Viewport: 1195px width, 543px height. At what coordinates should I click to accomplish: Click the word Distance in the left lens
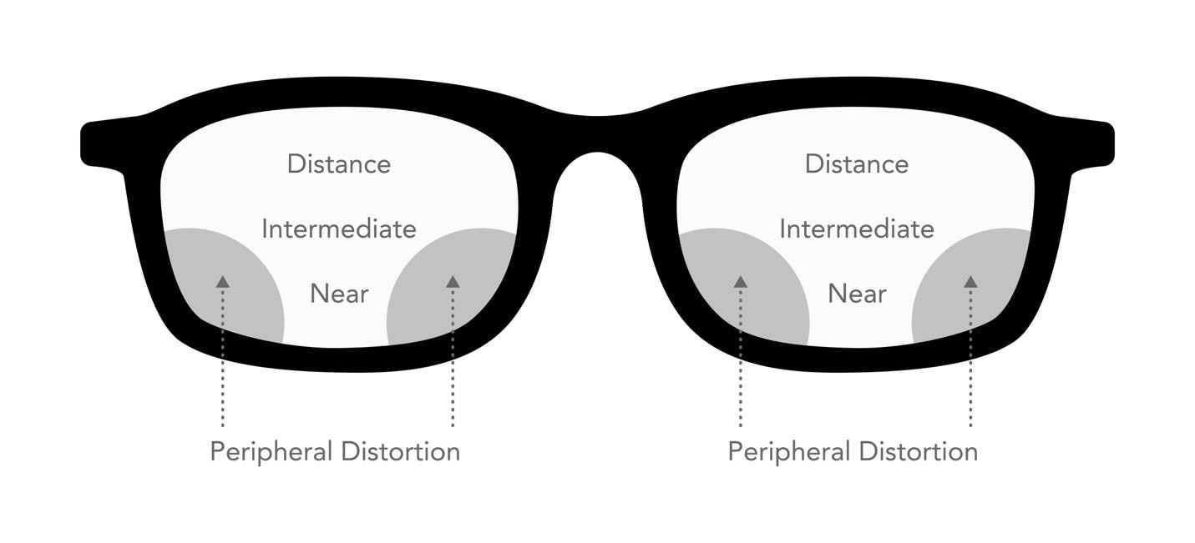(x=339, y=163)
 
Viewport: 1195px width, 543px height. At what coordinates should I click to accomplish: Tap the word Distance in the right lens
(x=857, y=163)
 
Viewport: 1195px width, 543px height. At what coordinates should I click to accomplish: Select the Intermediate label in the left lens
(x=339, y=229)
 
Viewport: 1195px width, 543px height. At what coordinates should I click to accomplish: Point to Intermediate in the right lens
(x=857, y=229)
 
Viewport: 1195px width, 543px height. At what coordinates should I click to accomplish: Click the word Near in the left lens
(x=339, y=294)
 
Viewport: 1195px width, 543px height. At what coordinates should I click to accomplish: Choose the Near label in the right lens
(x=858, y=294)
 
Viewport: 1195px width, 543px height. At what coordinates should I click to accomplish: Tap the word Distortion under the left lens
(x=401, y=451)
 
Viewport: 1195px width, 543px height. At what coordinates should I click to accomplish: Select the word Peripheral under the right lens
(x=789, y=452)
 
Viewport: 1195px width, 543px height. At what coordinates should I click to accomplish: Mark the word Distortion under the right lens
(x=919, y=451)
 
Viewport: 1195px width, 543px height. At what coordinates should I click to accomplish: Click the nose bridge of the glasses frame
(x=598, y=133)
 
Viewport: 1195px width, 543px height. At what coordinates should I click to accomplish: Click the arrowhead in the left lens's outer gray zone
(x=223, y=281)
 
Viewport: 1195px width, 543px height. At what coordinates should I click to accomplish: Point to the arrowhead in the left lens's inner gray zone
(x=453, y=281)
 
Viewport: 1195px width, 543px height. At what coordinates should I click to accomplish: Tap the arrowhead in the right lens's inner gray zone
(x=741, y=281)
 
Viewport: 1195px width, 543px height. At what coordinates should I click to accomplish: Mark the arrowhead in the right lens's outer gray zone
(x=971, y=281)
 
